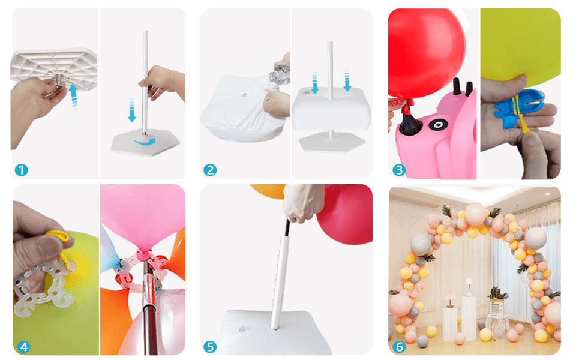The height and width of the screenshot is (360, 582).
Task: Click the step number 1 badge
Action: pyautogui.click(x=21, y=170)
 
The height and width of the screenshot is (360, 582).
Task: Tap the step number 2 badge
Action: pyautogui.click(x=210, y=170)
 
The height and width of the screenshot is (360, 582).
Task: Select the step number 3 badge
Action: pyautogui.click(x=399, y=170)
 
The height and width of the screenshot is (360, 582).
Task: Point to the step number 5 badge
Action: pyautogui.click(x=210, y=346)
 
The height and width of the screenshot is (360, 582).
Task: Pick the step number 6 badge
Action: pyautogui.click(x=399, y=346)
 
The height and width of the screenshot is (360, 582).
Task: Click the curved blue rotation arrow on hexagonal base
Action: pyautogui.click(x=146, y=140)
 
